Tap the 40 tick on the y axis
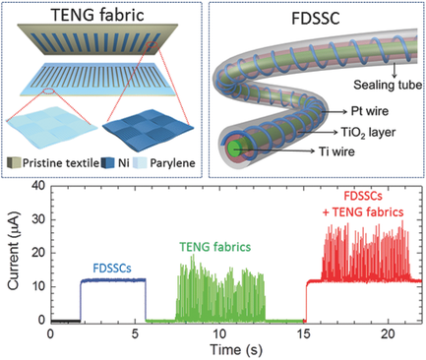(x=34, y=186)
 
